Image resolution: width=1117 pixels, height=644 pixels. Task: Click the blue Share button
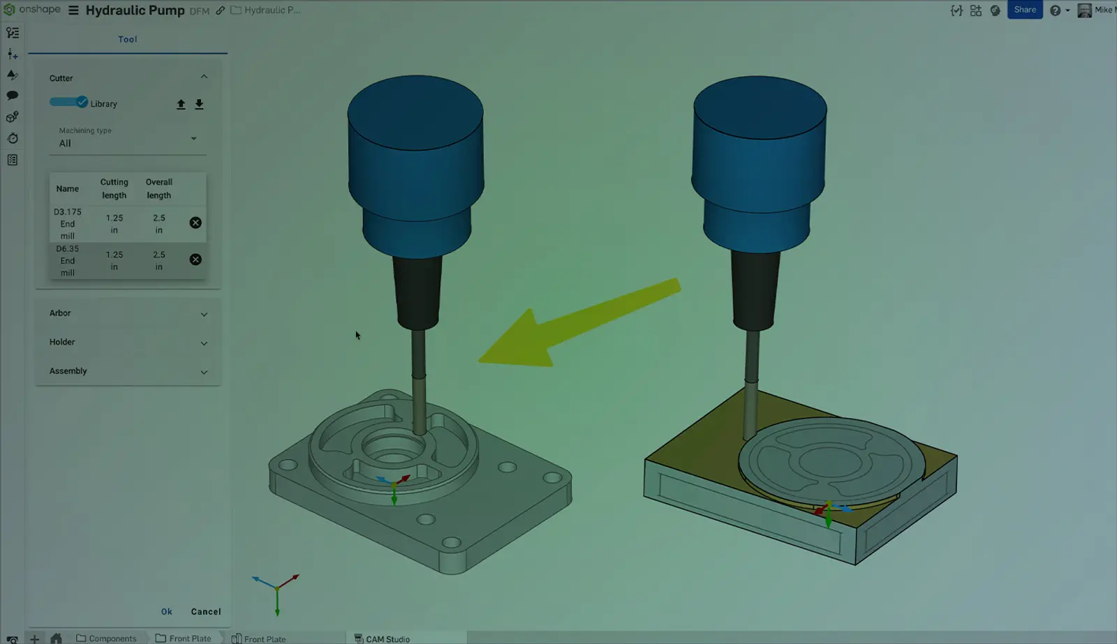(x=1025, y=10)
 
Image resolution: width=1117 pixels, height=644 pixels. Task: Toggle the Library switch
(x=69, y=102)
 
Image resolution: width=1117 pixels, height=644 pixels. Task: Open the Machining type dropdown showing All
(x=128, y=143)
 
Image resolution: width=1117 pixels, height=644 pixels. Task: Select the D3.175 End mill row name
(x=67, y=224)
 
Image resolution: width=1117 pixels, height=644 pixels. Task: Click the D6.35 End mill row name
(x=67, y=261)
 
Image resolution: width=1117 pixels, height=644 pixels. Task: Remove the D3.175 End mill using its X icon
(x=195, y=223)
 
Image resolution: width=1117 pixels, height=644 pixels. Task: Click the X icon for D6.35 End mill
(x=195, y=260)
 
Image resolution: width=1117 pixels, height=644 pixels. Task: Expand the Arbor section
(x=128, y=313)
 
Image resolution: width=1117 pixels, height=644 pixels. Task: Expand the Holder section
(x=128, y=343)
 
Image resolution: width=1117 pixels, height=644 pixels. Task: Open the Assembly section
(x=128, y=371)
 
